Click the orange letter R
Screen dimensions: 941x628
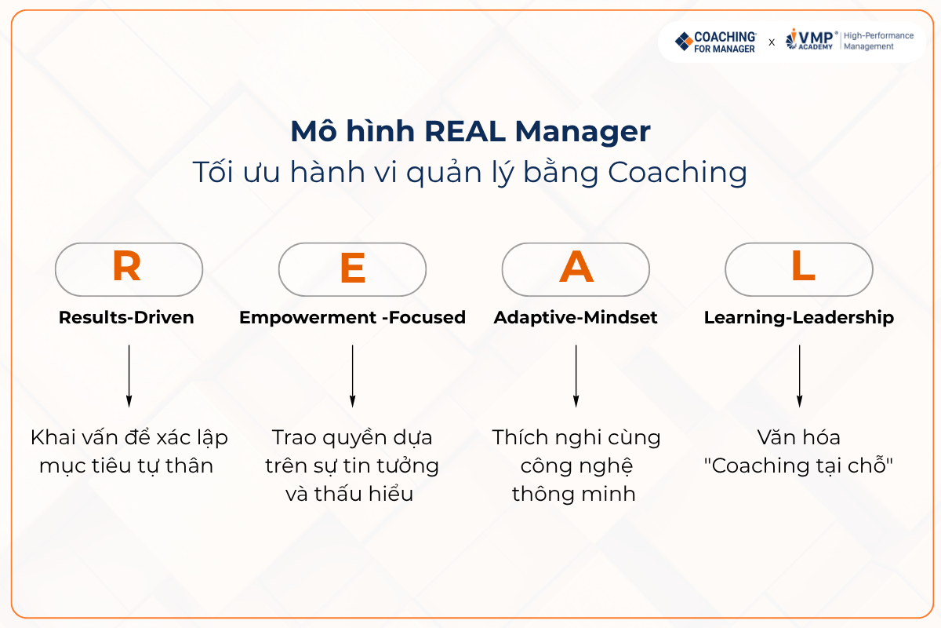126,266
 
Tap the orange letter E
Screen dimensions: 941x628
352,268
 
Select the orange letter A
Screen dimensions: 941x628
576,267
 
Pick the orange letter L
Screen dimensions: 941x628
803,265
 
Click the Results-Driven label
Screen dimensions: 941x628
126,318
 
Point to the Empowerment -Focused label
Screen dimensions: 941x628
352,318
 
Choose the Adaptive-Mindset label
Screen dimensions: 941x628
576,318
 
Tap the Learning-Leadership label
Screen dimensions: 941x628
799,318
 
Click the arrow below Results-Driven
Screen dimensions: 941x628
129,376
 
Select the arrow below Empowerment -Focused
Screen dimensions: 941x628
352,376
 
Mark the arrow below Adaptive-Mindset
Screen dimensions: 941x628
576,376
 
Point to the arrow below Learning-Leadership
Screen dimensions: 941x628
799,376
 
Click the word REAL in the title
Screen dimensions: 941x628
465,132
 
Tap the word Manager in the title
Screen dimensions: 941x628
583,133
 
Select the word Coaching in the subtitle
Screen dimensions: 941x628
678,173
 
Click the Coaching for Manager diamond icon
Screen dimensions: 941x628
684,42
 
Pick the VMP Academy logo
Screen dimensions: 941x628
811,40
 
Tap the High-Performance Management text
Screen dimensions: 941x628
879,42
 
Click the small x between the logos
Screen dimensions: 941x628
772,42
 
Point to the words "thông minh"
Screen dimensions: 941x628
574,495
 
